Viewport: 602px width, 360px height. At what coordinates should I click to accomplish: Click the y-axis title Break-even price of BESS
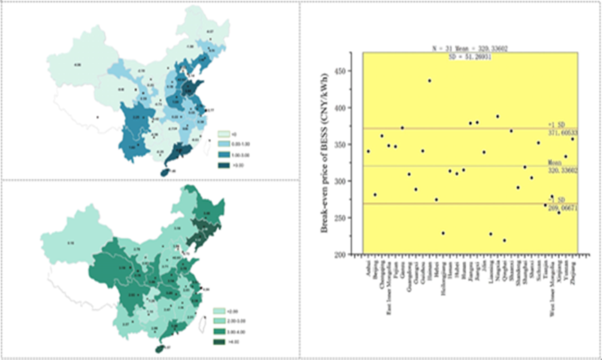pos(324,163)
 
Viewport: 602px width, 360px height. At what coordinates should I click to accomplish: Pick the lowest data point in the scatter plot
pos(504,240)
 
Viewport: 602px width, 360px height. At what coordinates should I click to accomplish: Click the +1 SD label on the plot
pos(553,125)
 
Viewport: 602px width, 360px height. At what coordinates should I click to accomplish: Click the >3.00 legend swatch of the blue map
pos(223,165)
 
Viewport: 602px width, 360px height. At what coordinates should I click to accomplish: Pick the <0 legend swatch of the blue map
pos(223,132)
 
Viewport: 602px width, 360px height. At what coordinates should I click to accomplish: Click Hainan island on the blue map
pos(164,172)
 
